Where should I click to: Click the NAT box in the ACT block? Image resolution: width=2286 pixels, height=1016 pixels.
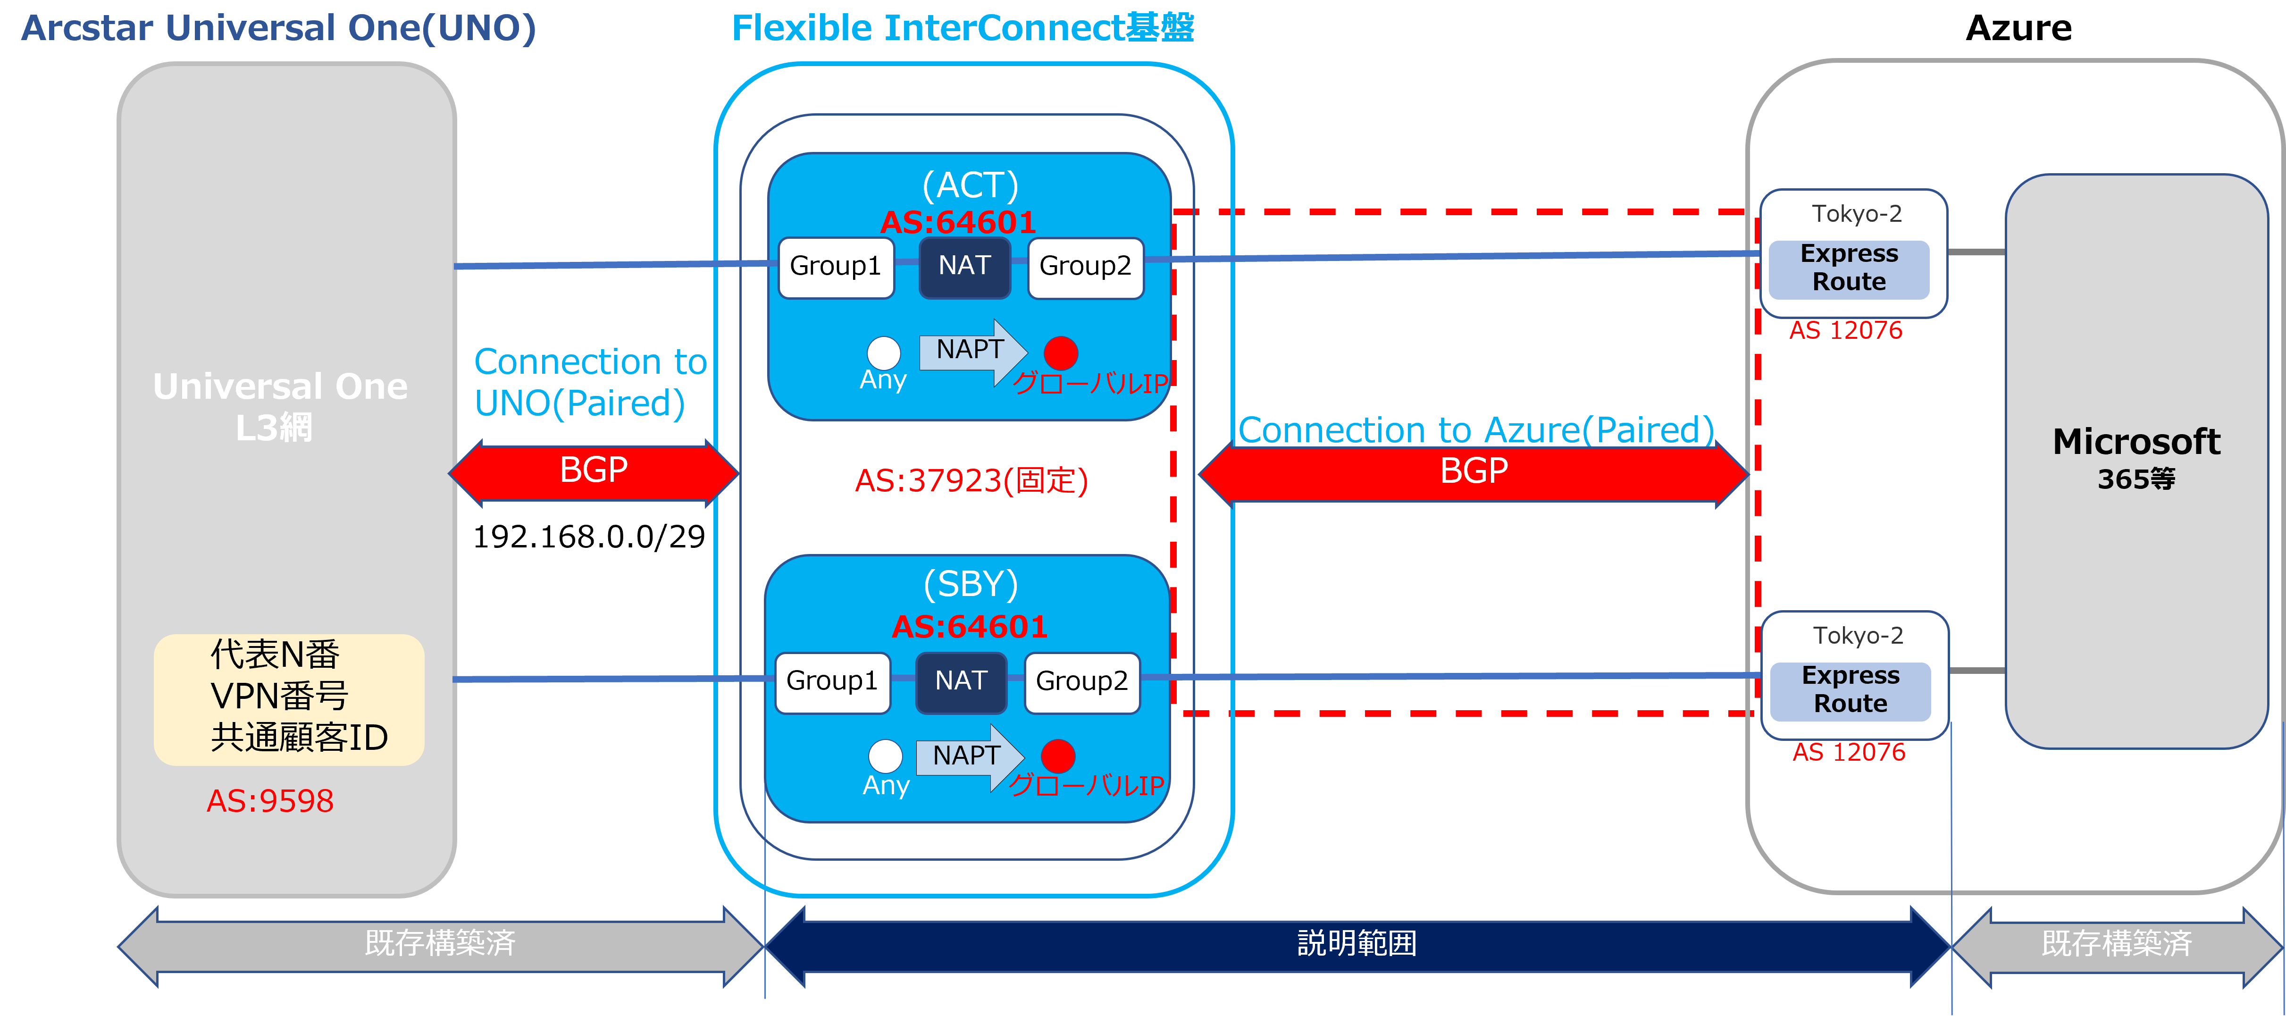[964, 266]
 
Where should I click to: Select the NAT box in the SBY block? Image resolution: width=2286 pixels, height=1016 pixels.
[961, 681]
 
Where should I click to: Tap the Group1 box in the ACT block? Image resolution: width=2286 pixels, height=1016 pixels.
[835, 266]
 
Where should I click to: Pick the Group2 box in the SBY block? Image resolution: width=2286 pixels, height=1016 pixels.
[1082, 681]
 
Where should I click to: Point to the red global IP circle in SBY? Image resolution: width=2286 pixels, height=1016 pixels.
[1058, 756]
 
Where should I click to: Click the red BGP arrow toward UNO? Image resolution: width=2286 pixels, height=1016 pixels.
[594, 471]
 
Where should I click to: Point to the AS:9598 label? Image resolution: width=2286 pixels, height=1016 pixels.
[270, 801]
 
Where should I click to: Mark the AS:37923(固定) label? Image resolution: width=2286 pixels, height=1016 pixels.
[971, 481]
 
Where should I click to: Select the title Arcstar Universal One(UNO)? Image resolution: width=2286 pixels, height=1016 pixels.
[279, 28]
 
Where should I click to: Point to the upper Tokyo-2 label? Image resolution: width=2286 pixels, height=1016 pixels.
[1857, 214]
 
